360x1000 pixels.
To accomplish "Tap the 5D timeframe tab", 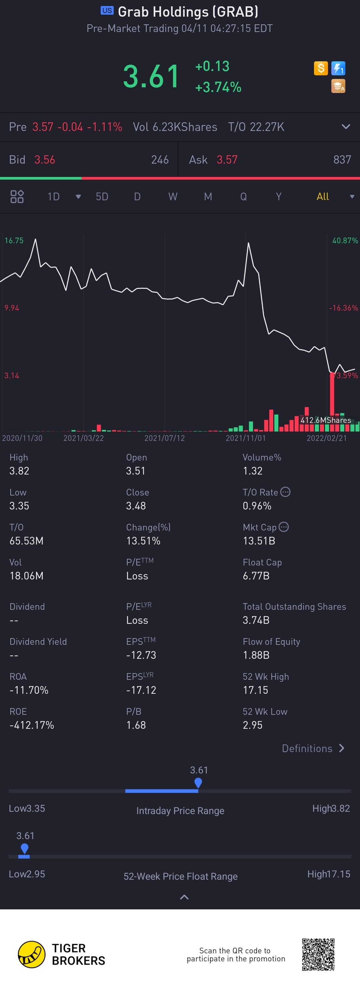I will coord(102,196).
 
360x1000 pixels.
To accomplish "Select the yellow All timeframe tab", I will coord(322,196).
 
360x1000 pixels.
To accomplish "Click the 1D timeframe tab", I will coord(54,196).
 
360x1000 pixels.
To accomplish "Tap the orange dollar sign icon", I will coord(321,68).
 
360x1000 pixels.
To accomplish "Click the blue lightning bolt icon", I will coord(338,68).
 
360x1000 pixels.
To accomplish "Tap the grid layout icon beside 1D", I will coord(17,196).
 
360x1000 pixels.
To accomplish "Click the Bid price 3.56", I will coord(45,160).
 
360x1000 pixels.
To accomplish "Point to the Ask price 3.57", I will coord(227,160).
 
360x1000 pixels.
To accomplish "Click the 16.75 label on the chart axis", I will coord(14,240).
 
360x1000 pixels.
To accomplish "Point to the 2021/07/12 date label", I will coord(164,438).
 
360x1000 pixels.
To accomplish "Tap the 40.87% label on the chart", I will coord(345,240).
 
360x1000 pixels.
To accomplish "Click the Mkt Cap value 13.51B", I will coord(259,541).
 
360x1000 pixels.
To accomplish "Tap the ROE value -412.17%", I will coord(31,725).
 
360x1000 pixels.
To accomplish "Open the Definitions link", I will coord(313,748).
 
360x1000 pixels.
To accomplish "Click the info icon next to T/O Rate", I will coord(285,492).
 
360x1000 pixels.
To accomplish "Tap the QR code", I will coord(318,954).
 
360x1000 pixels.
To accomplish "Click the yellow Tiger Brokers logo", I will coord(31,954).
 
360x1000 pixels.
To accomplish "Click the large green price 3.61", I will coord(151,76).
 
